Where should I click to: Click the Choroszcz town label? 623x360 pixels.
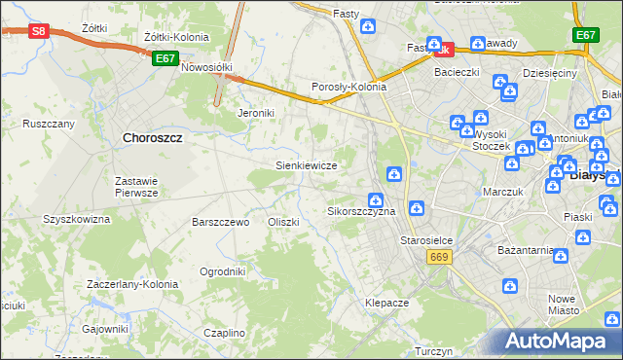pos(154,138)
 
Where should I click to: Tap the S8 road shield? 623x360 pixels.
pos(37,31)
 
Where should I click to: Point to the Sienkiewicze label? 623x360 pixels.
pos(307,165)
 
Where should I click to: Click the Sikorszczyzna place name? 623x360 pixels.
pos(361,210)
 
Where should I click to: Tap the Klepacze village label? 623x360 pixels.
pos(386,303)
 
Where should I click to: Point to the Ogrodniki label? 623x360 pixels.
pos(222,271)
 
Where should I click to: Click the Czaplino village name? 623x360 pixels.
pos(224,333)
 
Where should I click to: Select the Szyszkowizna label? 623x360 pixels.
pos(76,219)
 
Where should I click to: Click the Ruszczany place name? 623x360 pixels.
pos(49,124)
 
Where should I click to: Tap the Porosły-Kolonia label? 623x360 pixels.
pos(348,87)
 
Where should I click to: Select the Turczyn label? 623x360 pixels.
pos(434,351)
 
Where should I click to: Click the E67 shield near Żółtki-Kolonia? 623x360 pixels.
pos(165,58)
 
